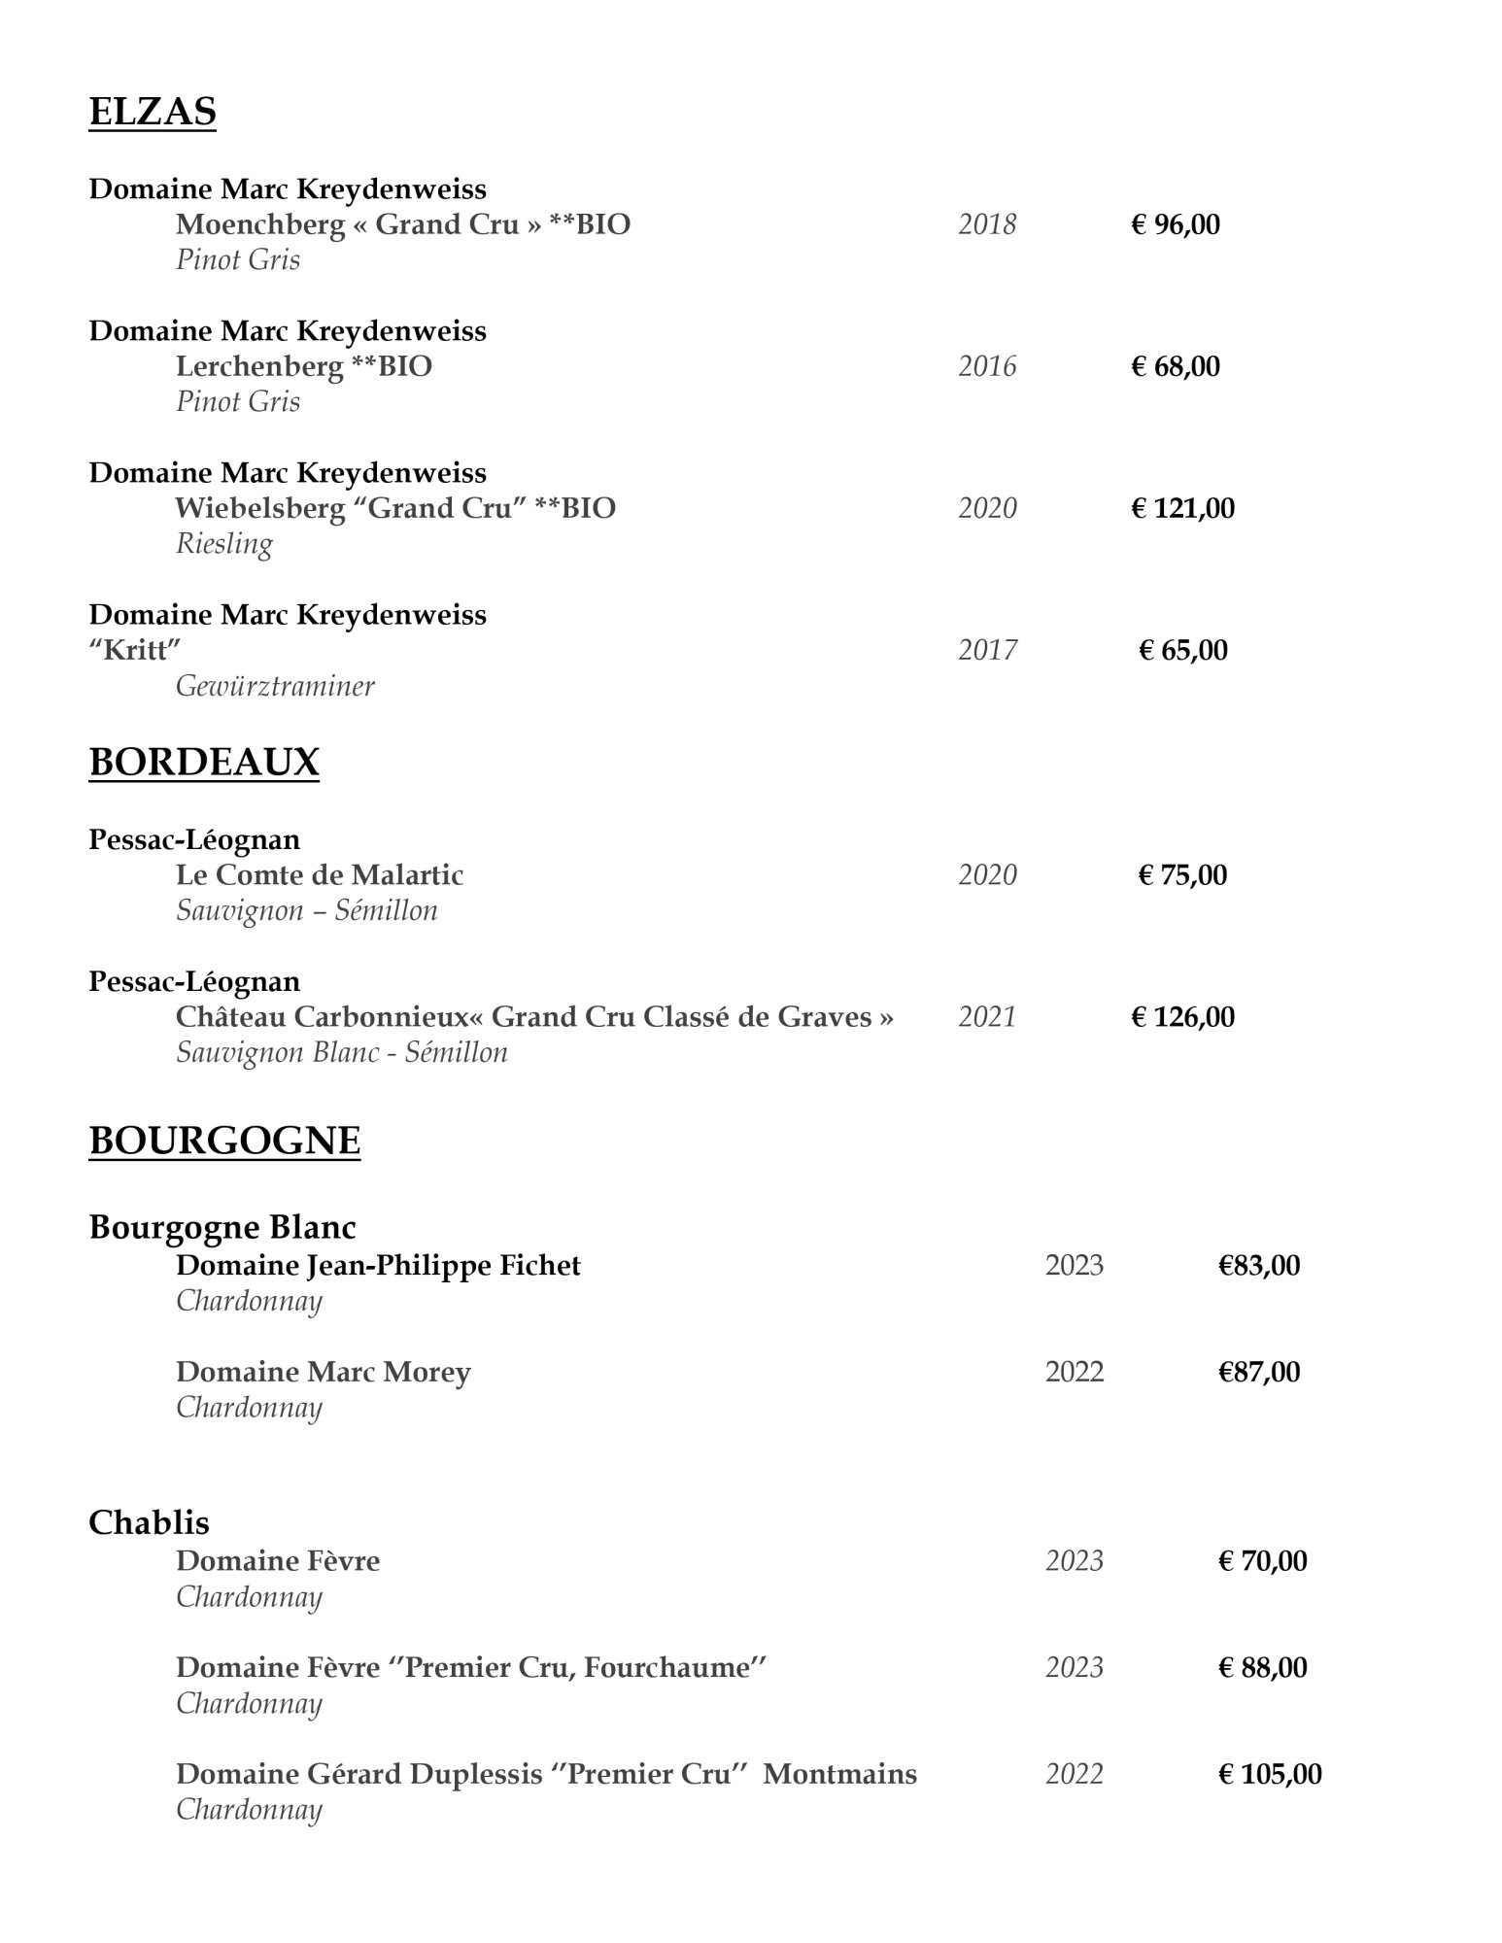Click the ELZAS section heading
coord(153,113)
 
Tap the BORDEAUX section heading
coord(204,763)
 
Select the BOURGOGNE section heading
coord(224,1141)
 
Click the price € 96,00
coord(1176,224)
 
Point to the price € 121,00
coord(1182,508)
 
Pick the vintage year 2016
coord(987,366)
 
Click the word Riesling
coord(224,544)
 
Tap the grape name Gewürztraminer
coord(275,687)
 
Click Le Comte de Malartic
coord(320,875)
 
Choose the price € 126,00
coord(1182,1017)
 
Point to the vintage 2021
coord(987,1017)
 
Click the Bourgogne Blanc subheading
coord(222,1227)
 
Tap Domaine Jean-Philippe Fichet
coord(378,1266)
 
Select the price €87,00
coord(1259,1372)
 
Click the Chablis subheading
coord(149,1522)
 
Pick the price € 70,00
coord(1263,1561)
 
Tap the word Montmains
coord(839,1775)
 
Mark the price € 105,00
coord(1270,1775)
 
